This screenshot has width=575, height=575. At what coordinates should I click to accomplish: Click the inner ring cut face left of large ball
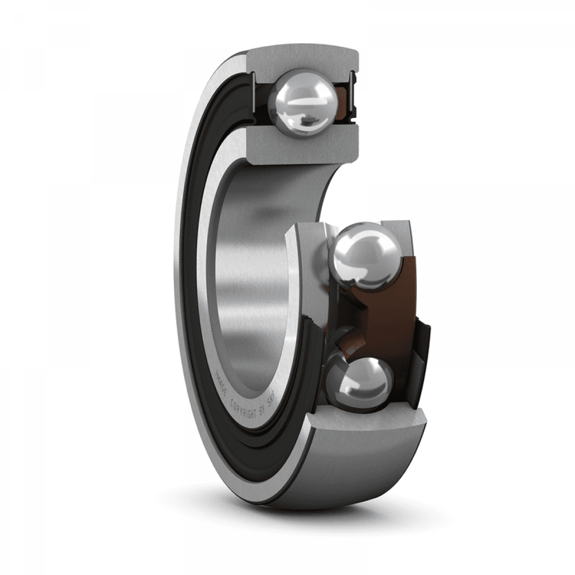307,268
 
